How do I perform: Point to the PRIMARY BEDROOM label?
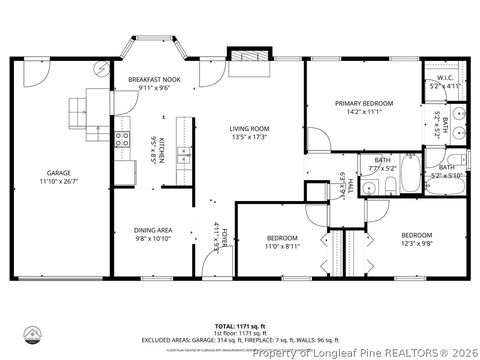(363, 103)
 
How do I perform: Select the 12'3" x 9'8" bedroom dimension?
(387, 243)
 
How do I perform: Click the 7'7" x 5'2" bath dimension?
(383, 169)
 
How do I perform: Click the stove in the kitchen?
(123, 141)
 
